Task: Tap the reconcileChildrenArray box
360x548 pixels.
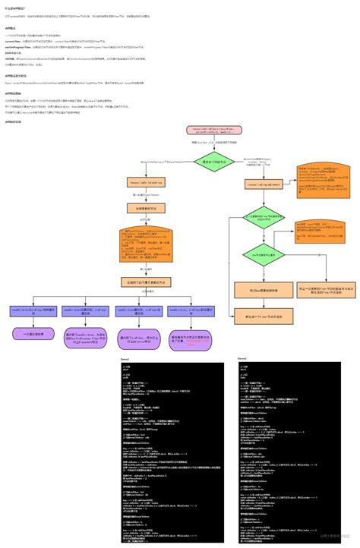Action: click(x=146, y=183)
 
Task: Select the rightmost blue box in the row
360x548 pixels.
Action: click(x=187, y=310)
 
